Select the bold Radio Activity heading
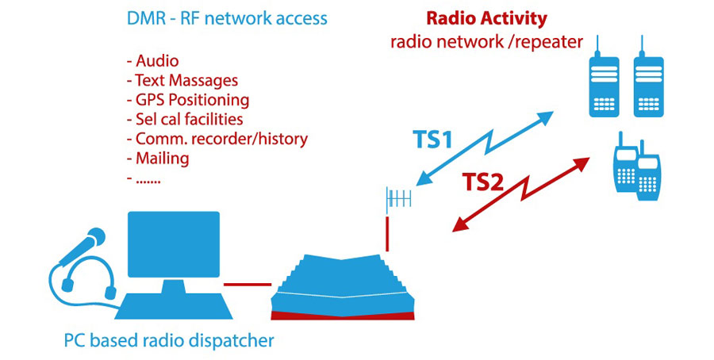(x=486, y=18)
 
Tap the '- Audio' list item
(x=152, y=60)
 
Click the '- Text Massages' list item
(x=182, y=80)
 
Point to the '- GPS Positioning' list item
(x=187, y=100)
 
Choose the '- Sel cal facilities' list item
(x=184, y=120)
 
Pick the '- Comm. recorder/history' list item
(x=217, y=140)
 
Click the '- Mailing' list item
(x=157, y=159)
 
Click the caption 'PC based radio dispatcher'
(x=168, y=341)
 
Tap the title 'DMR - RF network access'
(x=226, y=17)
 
